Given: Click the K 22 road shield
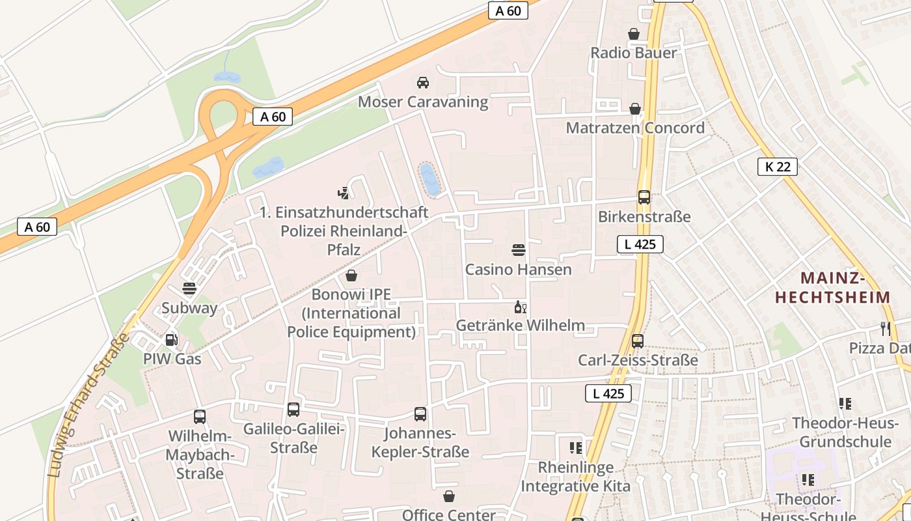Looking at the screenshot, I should pyautogui.click(x=778, y=167).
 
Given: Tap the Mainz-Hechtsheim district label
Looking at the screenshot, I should pyautogui.click(x=832, y=288).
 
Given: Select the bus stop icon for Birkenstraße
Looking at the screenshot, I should pyautogui.click(x=644, y=197).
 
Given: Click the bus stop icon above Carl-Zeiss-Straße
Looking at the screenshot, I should pyautogui.click(x=638, y=341).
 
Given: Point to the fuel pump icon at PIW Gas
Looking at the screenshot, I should pyautogui.click(x=171, y=339).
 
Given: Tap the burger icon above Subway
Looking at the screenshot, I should pyautogui.click(x=189, y=288).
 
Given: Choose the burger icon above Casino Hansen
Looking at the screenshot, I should pyautogui.click(x=519, y=249).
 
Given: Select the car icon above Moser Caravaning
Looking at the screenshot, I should pyautogui.click(x=423, y=83).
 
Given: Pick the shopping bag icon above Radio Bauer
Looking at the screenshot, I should pyautogui.click(x=634, y=34).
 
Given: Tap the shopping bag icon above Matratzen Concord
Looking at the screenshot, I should pyautogui.click(x=635, y=109).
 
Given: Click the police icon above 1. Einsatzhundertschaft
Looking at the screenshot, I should pyautogui.click(x=344, y=193).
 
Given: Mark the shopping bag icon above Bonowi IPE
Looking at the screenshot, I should pyautogui.click(x=351, y=275).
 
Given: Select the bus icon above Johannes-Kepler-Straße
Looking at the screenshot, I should pyautogui.click(x=420, y=414).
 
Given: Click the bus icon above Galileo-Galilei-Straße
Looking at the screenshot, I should pyautogui.click(x=293, y=410).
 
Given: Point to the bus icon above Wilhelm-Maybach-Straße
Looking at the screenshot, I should pyautogui.click(x=200, y=417).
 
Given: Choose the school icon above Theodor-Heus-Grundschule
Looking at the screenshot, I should pyautogui.click(x=845, y=404).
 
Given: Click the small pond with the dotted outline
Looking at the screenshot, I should pyautogui.click(x=429, y=179).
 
